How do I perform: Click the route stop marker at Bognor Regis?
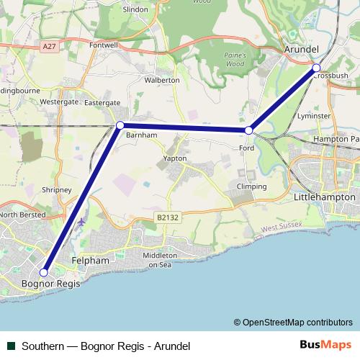44,273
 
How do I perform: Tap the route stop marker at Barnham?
120,126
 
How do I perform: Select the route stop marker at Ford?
248,130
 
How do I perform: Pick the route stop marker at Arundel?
316,68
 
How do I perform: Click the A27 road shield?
49,48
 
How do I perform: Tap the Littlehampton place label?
325,197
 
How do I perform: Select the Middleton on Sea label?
160,260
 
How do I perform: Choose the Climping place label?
252,186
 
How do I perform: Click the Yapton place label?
175,158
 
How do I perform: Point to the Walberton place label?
162,81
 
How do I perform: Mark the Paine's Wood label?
235,59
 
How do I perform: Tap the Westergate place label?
59,102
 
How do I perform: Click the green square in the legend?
9,346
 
